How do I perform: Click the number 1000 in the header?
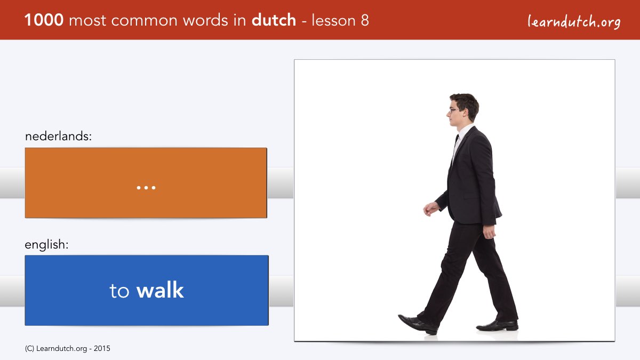[44, 20]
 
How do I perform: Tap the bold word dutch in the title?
[274, 20]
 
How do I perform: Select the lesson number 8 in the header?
[365, 20]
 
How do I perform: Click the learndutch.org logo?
[574, 21]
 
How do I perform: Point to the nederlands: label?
[58, 136]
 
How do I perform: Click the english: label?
[46, 245]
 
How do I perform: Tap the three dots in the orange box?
[146, 188]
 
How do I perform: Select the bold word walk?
[160, 290]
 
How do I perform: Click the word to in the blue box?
[119, 291]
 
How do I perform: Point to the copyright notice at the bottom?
[67, 349]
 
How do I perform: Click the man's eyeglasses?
[455, 110]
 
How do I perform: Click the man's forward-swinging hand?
[431, 209]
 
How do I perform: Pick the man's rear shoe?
[497, 325]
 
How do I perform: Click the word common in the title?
[145, 21]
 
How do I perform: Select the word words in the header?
[206, 20]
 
